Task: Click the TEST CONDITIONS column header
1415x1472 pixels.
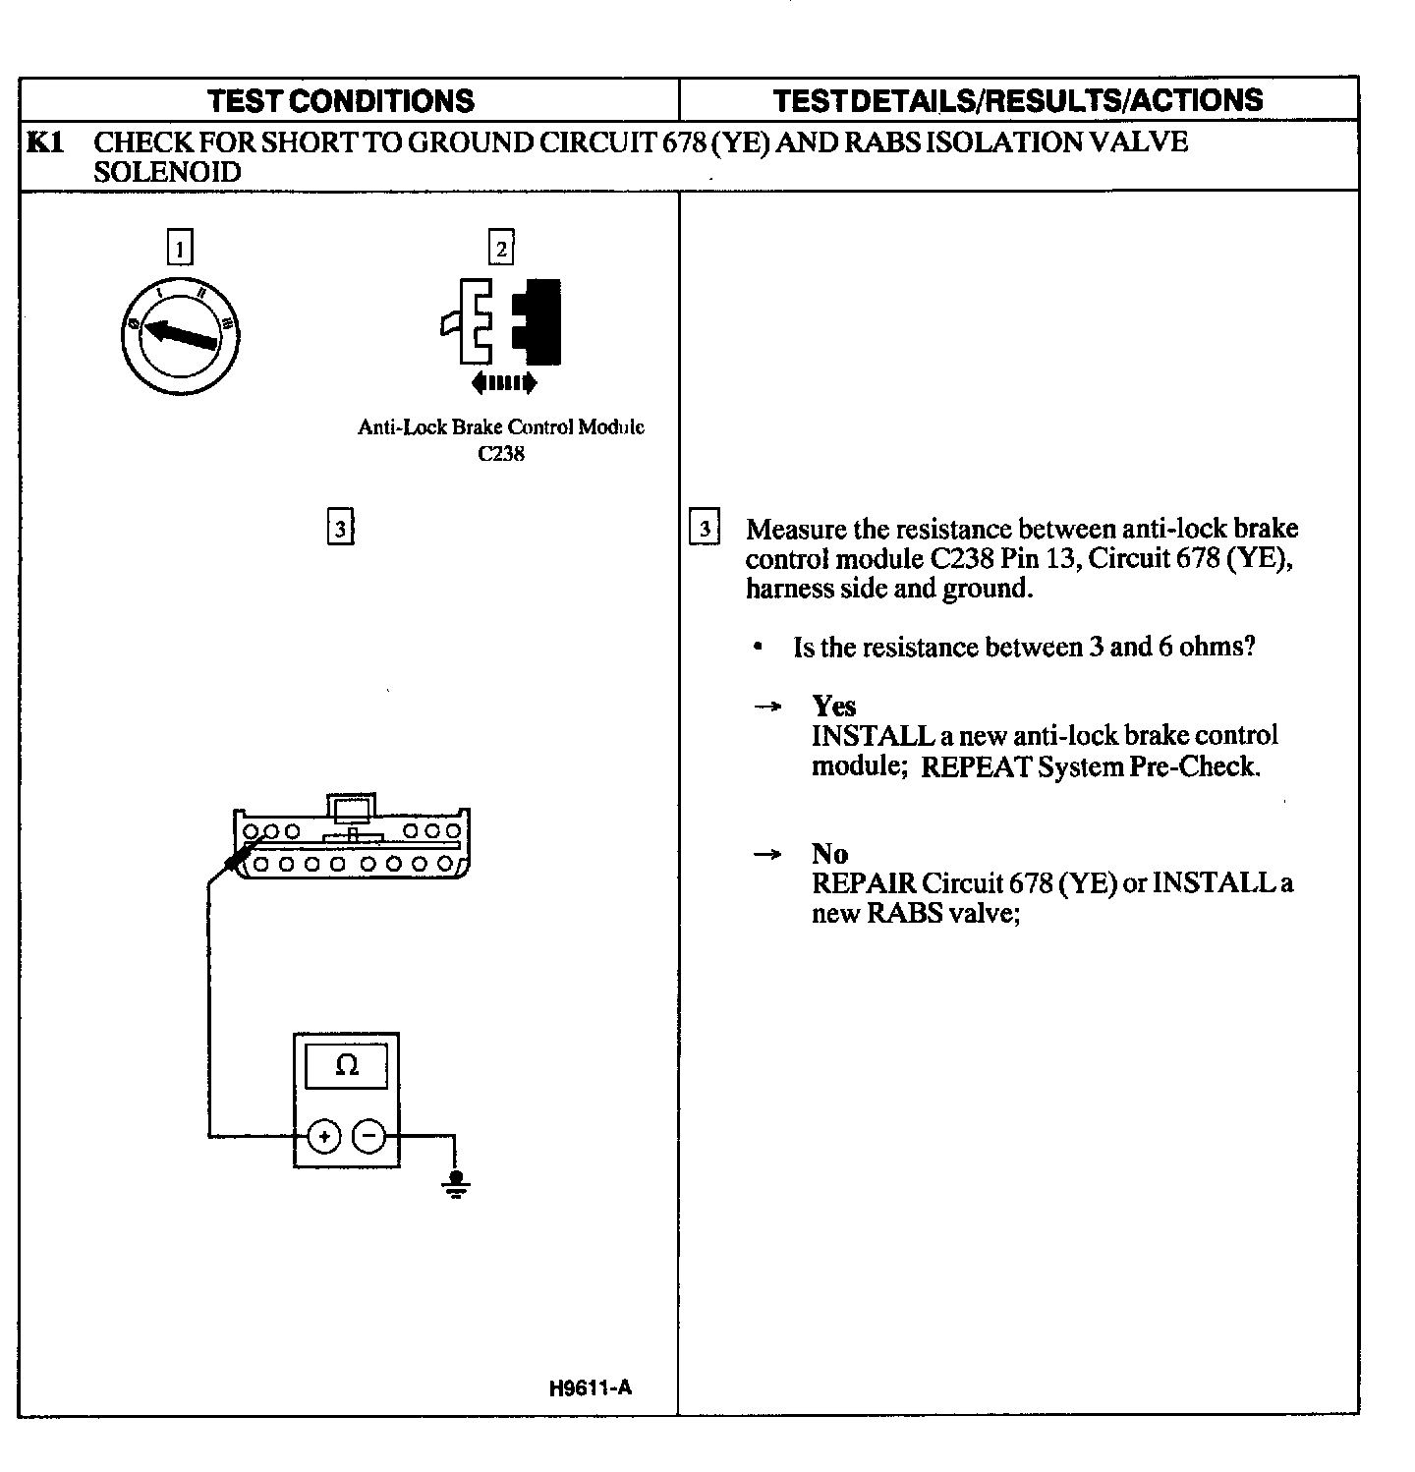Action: coord(341,100)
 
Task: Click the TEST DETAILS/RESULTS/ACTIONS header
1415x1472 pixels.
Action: coord(1017,100)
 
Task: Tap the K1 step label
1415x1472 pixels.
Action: coord(45,143)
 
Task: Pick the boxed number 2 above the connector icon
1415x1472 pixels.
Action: coord(501,248)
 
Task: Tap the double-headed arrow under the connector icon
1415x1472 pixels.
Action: coord(503,382)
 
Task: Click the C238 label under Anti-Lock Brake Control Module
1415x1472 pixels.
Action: coord(501,454)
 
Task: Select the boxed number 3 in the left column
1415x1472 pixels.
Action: coord(339,528)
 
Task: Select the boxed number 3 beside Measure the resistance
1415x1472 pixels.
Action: coord(705,529)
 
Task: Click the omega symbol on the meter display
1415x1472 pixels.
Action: coord(347,1065)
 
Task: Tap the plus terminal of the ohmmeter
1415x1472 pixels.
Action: coord(324,1137)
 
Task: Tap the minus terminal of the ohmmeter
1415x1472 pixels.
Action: coord(369,1137)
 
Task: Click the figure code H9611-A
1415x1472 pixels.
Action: coord(590,1387)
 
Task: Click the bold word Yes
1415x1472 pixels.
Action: coord(833,706)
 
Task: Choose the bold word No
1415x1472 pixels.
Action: coord(829,853)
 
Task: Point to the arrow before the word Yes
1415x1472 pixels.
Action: coord(767,707)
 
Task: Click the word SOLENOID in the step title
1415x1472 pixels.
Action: coord(167,173)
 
